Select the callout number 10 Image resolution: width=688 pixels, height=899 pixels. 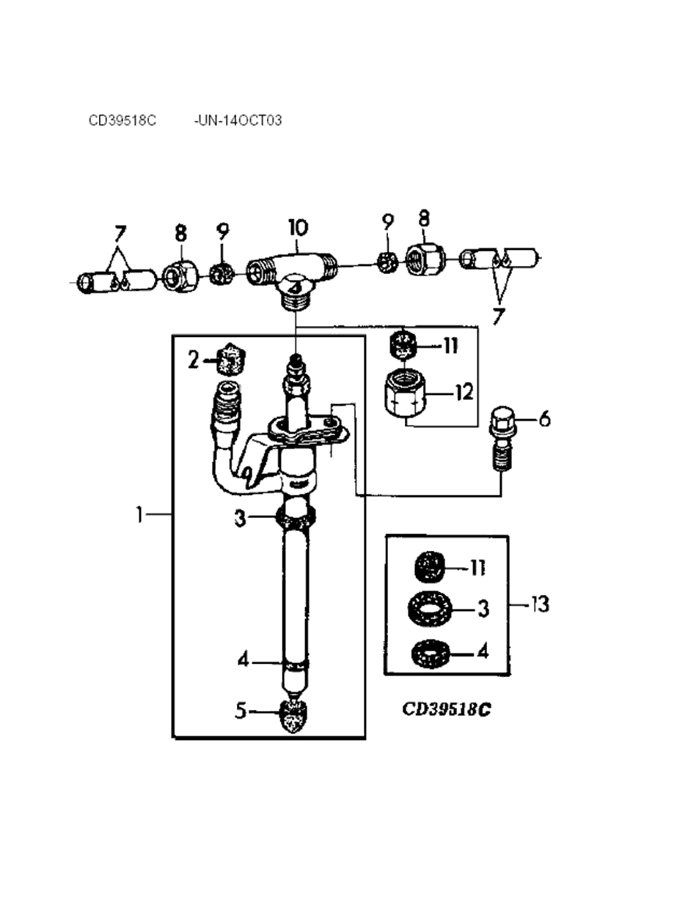[298, 227]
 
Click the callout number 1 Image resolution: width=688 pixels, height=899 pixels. [139, 516]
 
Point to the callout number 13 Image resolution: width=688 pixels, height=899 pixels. [540, 604]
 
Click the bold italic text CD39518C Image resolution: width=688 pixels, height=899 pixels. [446, 709]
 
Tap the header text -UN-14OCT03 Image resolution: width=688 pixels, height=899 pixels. [238, 120]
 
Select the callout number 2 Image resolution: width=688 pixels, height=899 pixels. [194, 360]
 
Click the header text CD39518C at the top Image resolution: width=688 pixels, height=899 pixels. [122, 120]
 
